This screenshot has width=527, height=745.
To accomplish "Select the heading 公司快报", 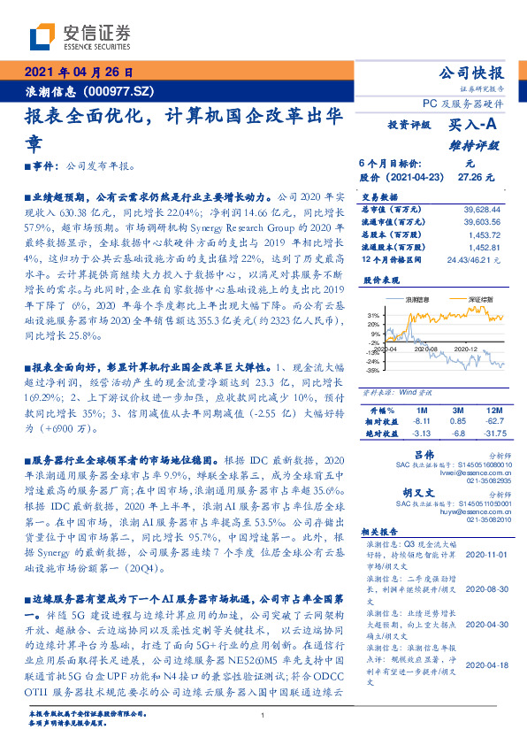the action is [471, 73].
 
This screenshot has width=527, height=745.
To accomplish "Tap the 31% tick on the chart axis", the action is [374, 314].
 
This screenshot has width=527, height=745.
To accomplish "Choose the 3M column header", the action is [456, 411].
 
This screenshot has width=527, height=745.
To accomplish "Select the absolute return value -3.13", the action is [420, 434].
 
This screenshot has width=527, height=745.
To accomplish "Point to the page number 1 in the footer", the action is [263, 715].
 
